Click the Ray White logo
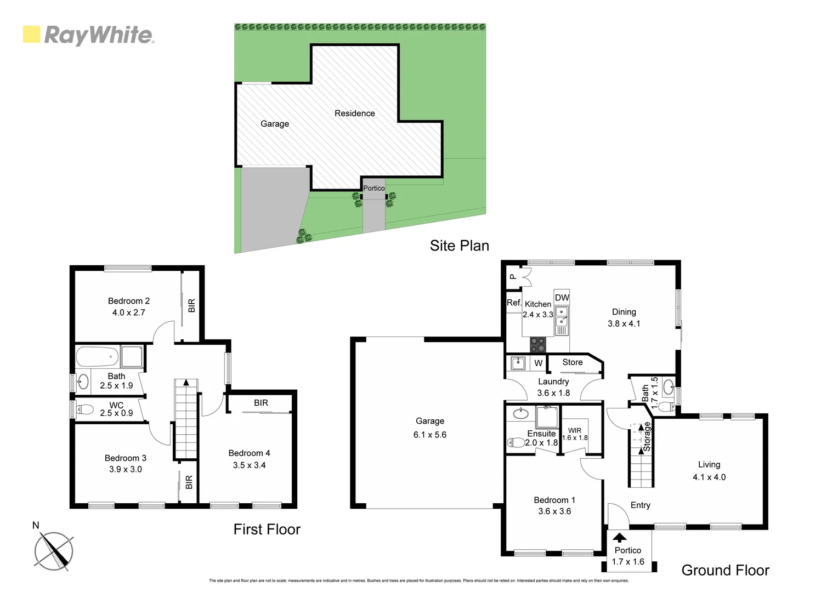tap(88, 35)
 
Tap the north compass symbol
tap(53, 550)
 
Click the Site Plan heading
tap(459, 246)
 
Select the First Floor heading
tap(267, 529)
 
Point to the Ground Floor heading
tap(725, 570)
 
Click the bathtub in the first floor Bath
tap(97, 356)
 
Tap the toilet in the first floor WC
tap(85, 409)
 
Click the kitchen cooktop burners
tap(538, 345)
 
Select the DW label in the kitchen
tap(562, 298)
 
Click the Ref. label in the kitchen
tap(514, 303)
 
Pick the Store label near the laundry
tap(572, 362)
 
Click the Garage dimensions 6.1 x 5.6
tap(430, 435)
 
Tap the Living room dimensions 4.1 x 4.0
tap(709, 477)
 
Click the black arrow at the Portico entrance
tap(619, 537)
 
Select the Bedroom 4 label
tap(249, 453)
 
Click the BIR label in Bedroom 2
tap(191, 305)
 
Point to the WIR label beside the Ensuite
tap(574, 430)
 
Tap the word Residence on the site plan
tap(354, 113)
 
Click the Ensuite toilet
tap(516, 442)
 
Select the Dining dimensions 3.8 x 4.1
tap(624, 323)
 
